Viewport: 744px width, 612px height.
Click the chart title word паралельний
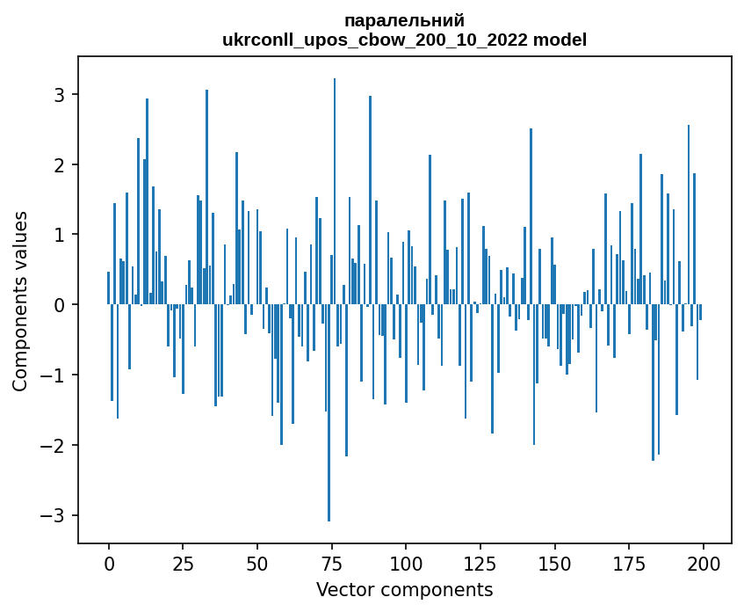click(404, 20)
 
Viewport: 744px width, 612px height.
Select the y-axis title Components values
click(20, 301)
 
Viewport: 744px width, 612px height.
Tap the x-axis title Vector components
click(404, 589)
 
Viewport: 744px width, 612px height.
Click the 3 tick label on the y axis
click(60, 94)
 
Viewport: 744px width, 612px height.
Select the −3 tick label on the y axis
click(54, 515)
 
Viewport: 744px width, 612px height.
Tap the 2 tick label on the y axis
click(60, 164)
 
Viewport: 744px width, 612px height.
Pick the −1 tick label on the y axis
click(54, 375)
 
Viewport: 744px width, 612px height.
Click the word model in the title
click(564, 40)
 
